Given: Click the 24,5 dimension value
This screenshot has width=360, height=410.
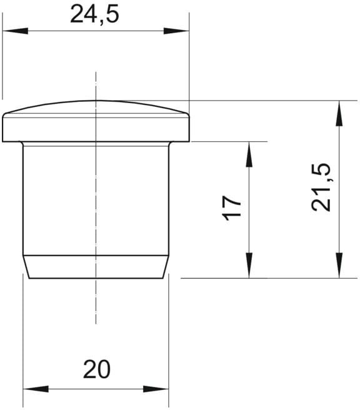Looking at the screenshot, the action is pos(94,15).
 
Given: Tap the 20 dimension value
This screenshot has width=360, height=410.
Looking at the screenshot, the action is pos(97,369).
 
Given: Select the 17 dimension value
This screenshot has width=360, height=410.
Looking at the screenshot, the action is pos(231,208).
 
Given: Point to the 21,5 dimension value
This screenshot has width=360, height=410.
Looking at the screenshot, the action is pos(321,187).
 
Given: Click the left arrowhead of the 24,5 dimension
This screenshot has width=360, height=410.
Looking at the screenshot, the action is pos(15,31).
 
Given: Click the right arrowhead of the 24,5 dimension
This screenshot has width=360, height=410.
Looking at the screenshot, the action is pos(176,31).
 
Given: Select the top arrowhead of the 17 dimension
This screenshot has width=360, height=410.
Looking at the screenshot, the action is pos(249,154).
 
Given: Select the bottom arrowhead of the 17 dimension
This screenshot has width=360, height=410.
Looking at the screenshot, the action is pos(249,266).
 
